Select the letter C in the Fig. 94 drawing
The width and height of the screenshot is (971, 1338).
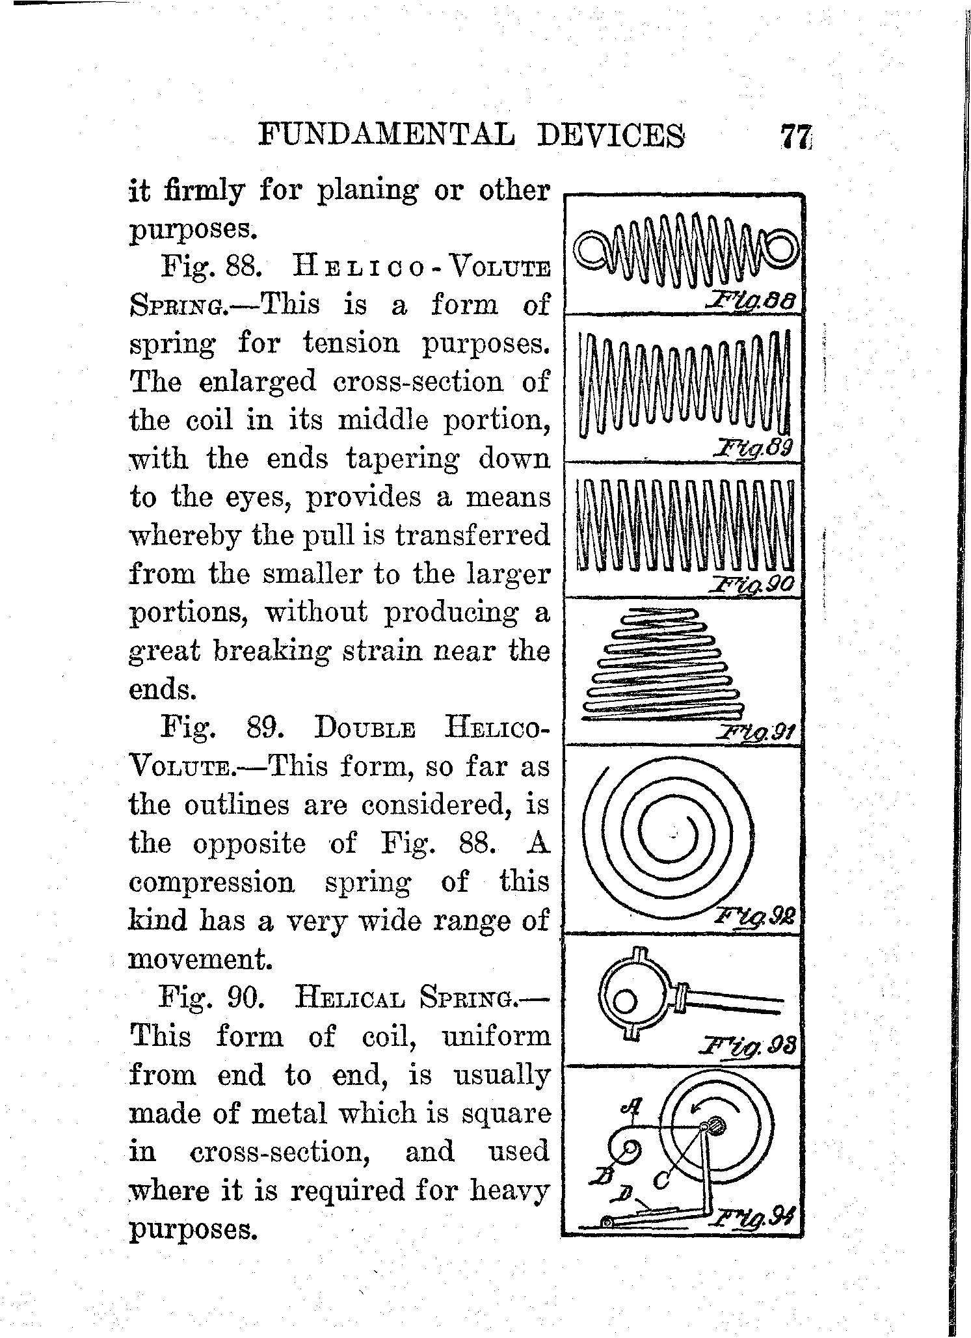click(x=663, y=1177)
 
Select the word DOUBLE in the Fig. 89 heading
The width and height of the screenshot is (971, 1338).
click(x=365, y=728)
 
